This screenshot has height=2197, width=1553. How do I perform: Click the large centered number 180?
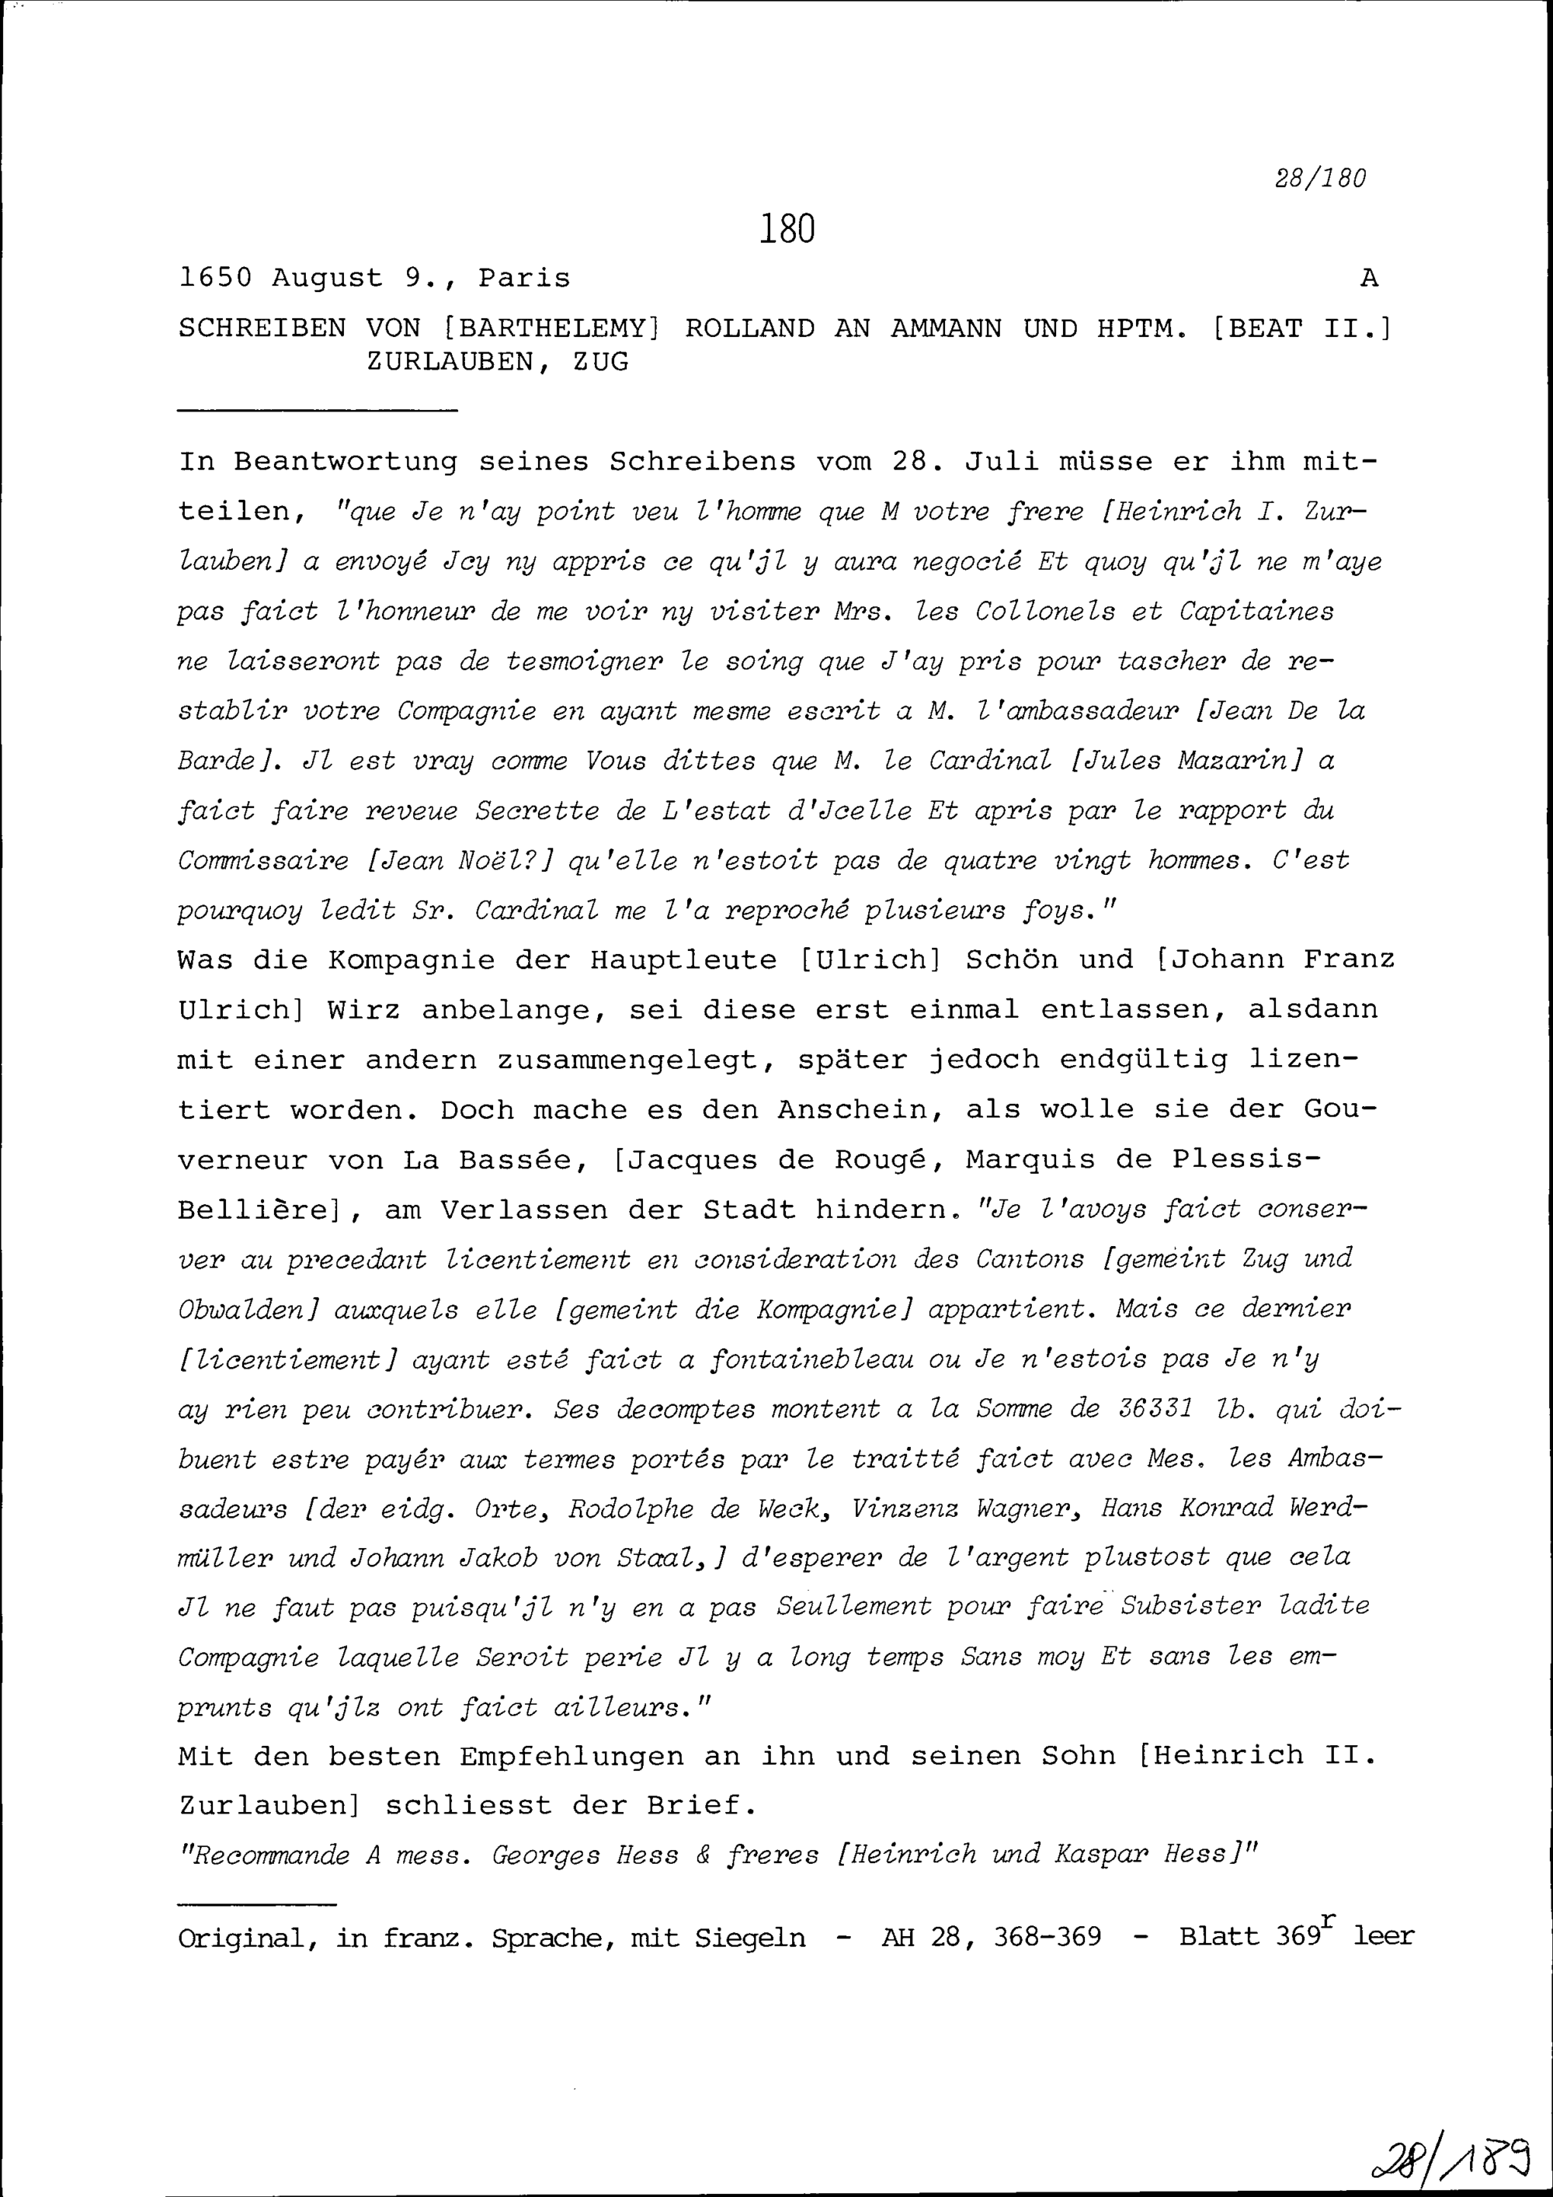[787, 230]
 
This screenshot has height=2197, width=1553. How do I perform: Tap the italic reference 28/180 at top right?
[1321, 178]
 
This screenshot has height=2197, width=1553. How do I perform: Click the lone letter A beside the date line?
[1369, 279]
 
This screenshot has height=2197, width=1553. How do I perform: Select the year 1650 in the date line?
[215, 279]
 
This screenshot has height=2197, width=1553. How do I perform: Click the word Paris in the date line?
[523, 279]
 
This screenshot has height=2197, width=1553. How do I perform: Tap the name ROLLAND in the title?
[749, 328]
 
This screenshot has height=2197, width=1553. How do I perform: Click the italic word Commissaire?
[263, 861]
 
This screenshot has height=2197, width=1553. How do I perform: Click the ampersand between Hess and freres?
[704, 1855]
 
